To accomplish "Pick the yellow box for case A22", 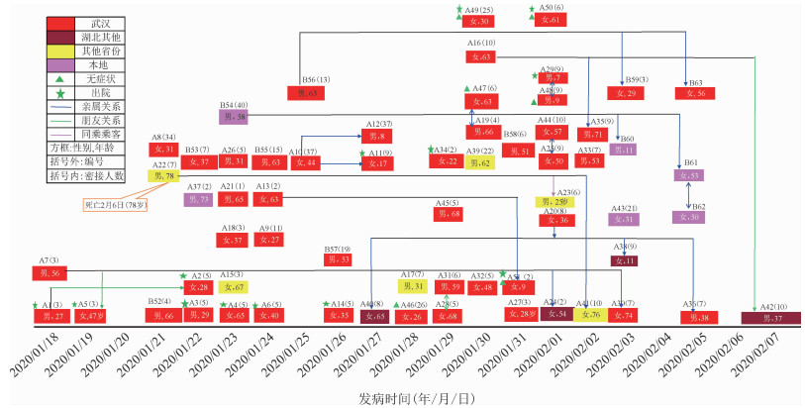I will coord(164,175).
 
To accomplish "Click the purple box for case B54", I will coord(234,116).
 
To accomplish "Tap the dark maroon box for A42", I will coord(770,317).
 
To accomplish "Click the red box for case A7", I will coord(50,272).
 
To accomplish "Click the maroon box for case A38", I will coord(624,260).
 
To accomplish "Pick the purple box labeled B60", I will coord(624,150).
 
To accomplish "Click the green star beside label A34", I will coord(433,150).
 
